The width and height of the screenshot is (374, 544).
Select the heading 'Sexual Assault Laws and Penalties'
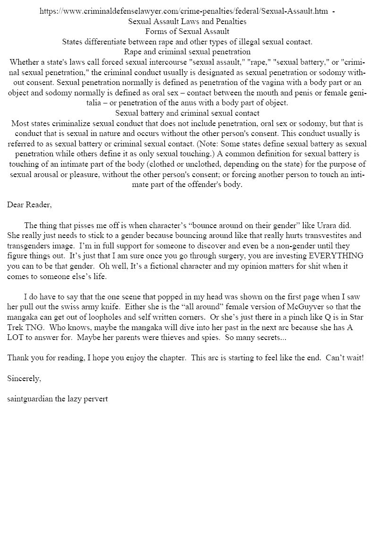(187, 22)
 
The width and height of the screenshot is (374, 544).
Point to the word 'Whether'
(24, 62)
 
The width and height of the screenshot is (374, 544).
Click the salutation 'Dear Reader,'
(29, 204)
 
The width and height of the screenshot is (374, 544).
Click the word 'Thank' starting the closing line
(18, 358)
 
